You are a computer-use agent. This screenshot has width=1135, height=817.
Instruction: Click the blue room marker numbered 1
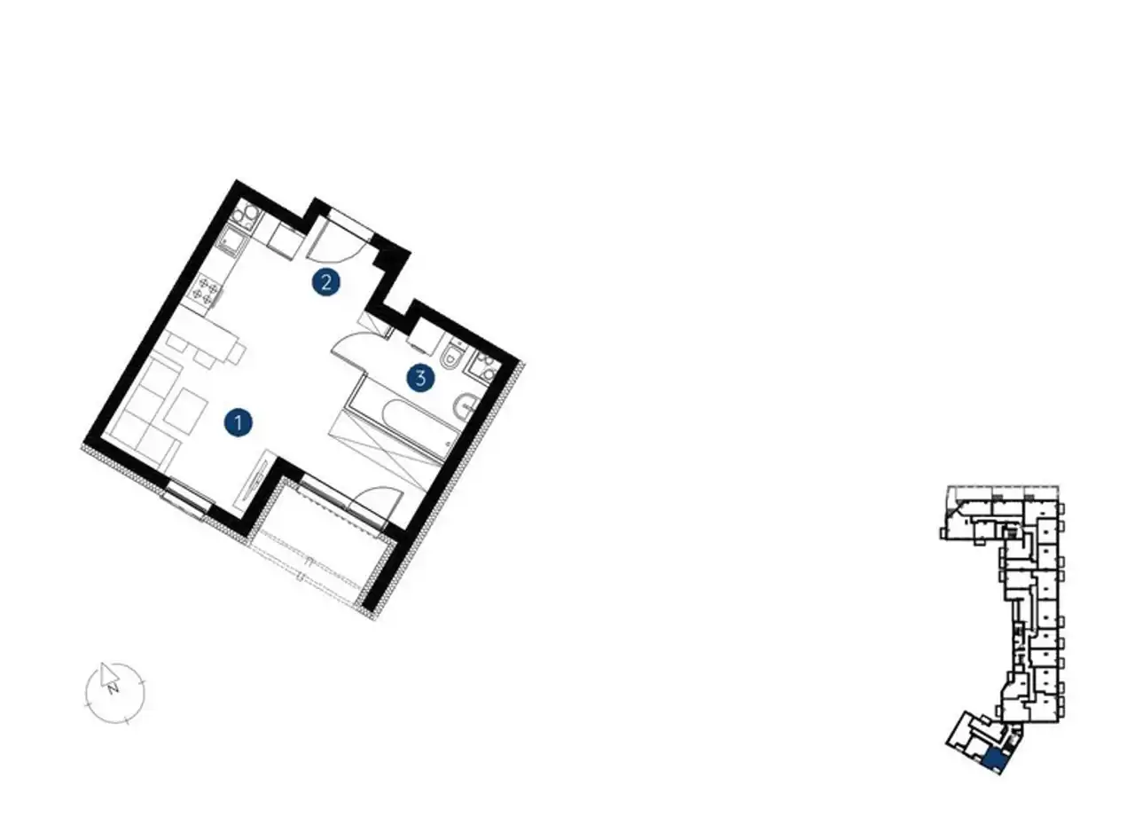[239, 422]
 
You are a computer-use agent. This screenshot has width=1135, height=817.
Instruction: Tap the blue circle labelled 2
[325, 281]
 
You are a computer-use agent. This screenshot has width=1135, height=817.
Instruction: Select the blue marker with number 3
[420, 378]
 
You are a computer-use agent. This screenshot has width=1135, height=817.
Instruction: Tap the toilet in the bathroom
[452, 353]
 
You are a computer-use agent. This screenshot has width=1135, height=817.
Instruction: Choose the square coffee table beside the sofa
[185, 412]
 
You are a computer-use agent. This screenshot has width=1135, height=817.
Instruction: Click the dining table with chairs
[207, 349]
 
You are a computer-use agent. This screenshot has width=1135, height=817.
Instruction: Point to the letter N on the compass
[113, 688]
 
